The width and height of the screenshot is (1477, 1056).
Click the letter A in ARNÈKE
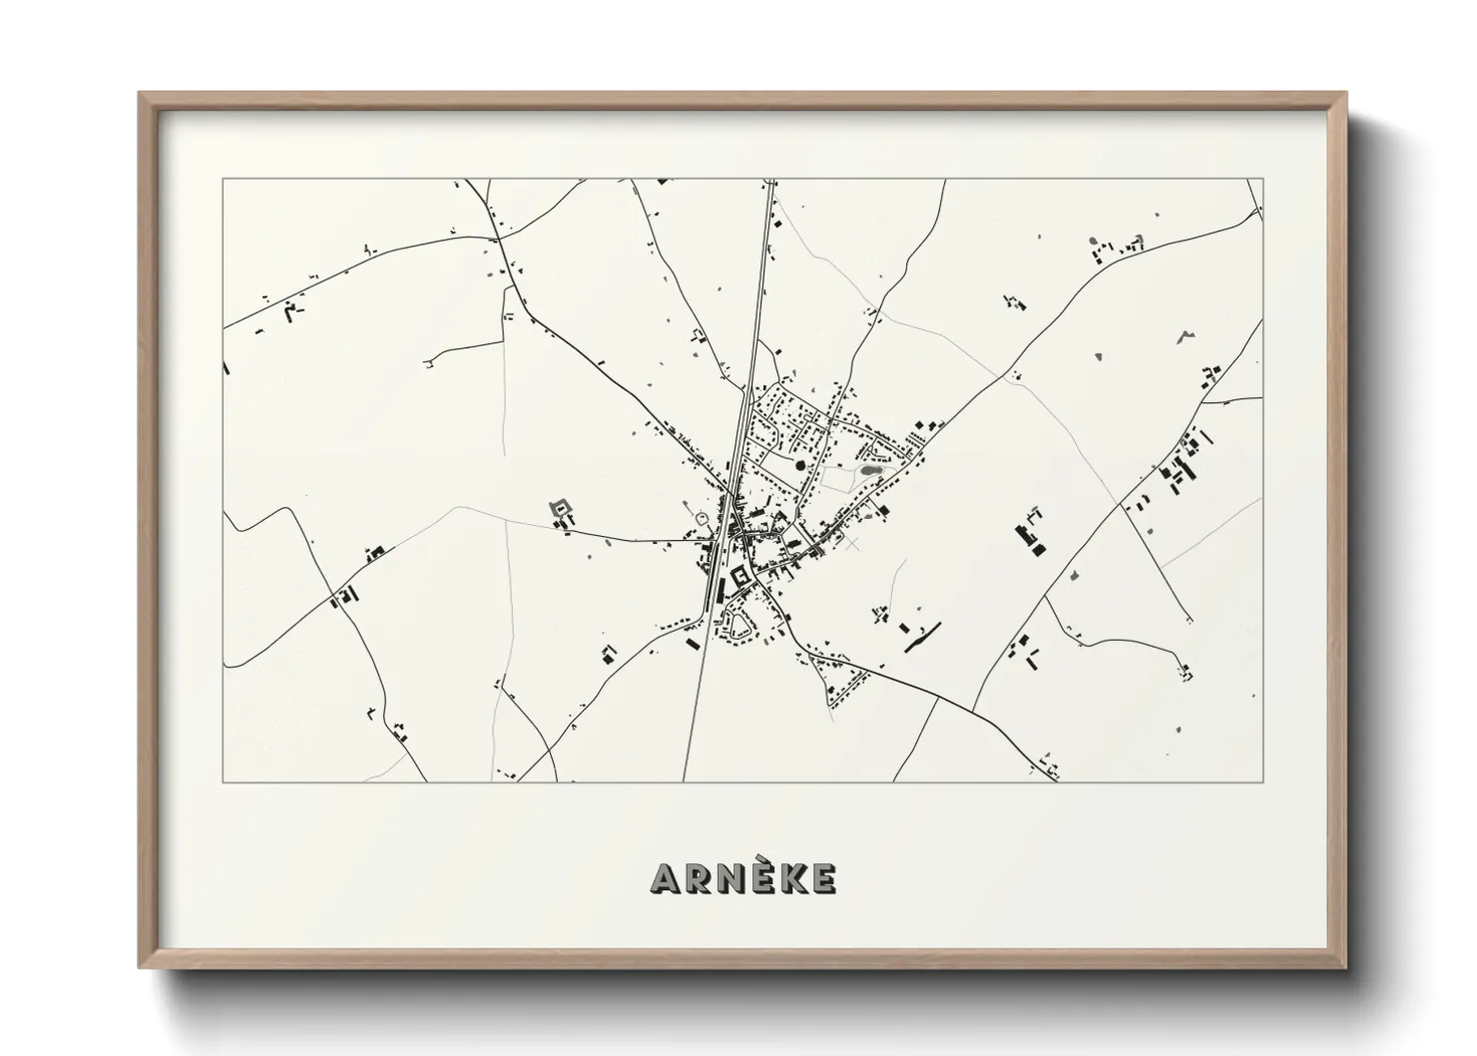point(666,878)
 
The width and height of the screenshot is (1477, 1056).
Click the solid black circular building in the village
point(799,465)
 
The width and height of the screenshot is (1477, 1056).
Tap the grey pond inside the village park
point(870,467)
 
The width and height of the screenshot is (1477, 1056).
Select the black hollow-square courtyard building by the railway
point(740,576)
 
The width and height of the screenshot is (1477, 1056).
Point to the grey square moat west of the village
point(561,509)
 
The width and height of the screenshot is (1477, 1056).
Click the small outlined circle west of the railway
point(701,517)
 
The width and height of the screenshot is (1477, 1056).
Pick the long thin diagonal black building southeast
point(923,638)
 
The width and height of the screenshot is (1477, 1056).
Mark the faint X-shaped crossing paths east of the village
point(851,544)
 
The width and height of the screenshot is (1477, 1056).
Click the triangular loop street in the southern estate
point(740,626)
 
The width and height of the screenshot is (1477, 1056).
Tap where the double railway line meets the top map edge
point(769,181)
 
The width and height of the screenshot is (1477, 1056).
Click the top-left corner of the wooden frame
point(140,93)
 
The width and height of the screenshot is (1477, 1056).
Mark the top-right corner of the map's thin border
point(1263,180)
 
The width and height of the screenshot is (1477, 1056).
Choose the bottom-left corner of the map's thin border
point(224,782)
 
